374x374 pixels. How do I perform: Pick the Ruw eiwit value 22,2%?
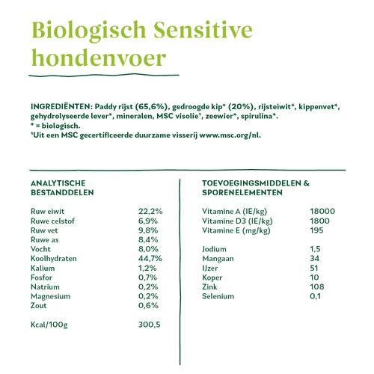150,212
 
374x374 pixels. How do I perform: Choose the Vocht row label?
41,248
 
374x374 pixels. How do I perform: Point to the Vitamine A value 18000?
322,212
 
